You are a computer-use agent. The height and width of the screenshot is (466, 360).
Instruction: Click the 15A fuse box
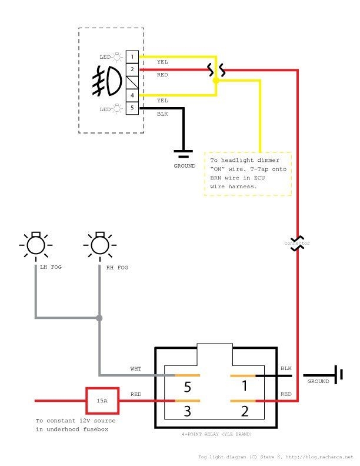pyautogui.click(x=102, y=401)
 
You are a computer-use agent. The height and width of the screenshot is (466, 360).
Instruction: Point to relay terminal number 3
pyautogui.click(x=187, y=411)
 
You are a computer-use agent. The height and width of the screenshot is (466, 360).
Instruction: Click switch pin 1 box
pyautogui.click(x=133, y=56)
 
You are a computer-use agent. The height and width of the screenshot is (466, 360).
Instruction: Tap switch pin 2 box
pyautogui.click(x=133, y=69)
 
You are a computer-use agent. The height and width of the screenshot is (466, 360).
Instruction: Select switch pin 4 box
pyautogui.click(x=133, y=95)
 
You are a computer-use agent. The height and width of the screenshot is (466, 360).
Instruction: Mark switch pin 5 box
pyautogui.click(x=133, y=108)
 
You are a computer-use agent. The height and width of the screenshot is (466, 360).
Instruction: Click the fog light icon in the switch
pyautogui.click(x=108, y=82)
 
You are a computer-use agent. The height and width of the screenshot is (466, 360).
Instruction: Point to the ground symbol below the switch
pyautogui.click(x=184, y=154)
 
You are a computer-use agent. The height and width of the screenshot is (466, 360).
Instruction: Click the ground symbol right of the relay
pyautogui.click(x=337, y=375)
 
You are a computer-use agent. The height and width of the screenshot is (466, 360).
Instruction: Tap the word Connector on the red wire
pyautogui.click(x=297, y=242)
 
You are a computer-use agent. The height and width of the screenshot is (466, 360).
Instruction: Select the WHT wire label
pyautogui.click(x=135, y=369)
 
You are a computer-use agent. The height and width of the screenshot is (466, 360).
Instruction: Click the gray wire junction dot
pyautogui.click(x=99, y=318)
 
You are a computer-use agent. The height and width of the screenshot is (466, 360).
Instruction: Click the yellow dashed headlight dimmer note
pyautogui.click(x=248, y=174)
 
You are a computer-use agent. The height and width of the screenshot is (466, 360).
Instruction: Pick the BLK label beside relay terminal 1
pyautogui.click(x=286, y=368)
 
